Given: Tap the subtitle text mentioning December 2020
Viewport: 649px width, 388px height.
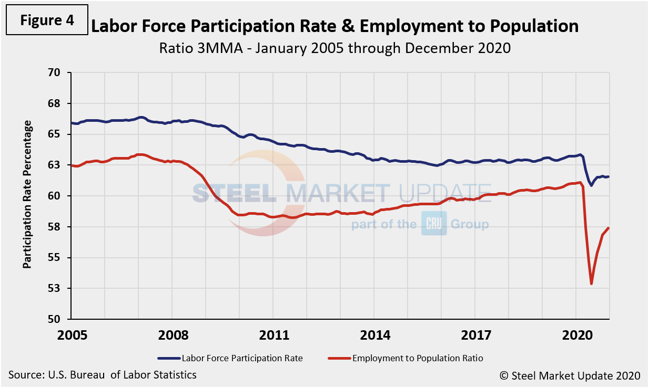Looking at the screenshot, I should click(x=334, y=48).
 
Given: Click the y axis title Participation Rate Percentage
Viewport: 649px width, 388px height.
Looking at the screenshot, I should click(x=27, y=194).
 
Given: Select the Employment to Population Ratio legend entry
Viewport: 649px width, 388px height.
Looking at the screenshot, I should click(x=405, y=358).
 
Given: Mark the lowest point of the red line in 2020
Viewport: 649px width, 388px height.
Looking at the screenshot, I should click(x=592, y=284).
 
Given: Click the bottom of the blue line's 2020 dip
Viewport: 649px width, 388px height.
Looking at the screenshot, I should click(x=591, y=185).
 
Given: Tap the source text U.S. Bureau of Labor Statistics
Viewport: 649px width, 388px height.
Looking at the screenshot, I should click(x=103, y=375).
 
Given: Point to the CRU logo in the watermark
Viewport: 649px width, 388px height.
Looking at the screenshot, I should click(x=433, y=224).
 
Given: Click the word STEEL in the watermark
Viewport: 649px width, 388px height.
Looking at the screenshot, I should click(x=234, y=193).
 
